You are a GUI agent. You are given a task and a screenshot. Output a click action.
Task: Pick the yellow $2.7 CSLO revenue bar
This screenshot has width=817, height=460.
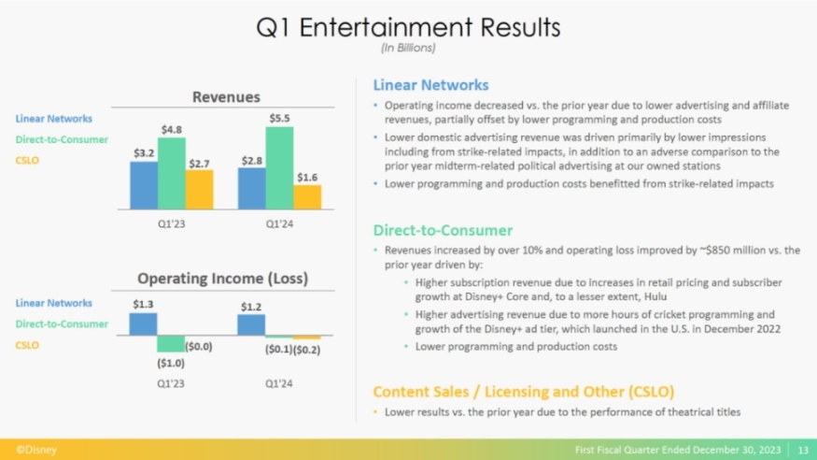point(199,189)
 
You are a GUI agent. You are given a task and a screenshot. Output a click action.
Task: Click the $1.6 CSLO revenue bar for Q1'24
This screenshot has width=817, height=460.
point(307,196)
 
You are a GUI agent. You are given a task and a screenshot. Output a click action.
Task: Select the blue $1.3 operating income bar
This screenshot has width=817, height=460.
point(143,323)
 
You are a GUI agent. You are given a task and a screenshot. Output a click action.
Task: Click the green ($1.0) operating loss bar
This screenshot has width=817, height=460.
point(171,343)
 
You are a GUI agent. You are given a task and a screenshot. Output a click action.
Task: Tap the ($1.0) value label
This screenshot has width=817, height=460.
point(171,362)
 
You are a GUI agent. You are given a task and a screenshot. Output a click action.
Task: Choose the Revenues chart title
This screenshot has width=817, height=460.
point(226,96)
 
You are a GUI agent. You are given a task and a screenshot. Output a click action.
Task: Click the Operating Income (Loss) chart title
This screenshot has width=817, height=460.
point(223,279)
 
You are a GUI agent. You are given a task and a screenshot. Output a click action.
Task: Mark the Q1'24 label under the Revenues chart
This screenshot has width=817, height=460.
point(280,224)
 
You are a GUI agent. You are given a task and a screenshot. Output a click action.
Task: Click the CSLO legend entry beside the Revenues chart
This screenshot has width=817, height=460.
point(27,160)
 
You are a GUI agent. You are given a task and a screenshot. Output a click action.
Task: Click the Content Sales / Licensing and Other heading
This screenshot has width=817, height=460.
point(523,391)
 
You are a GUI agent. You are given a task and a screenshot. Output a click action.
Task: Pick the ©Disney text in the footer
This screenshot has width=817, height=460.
point(36,450)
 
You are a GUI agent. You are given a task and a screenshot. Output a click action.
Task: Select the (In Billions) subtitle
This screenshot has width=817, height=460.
point(408,47)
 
